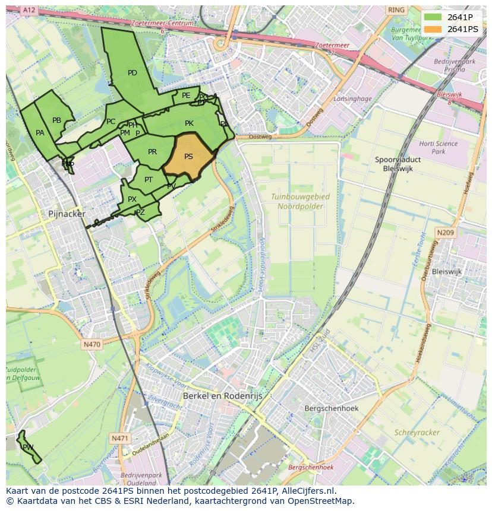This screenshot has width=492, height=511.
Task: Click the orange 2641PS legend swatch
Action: tap(434, 29)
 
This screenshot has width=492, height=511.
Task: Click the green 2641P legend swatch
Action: tap(434, 17)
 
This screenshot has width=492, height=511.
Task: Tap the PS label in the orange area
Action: tap(188, 157)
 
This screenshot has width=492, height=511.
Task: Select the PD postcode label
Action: tap(133, 73)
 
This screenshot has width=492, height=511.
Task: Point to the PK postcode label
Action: tap(189, 123)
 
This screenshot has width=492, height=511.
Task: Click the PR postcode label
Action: tap(152, 152)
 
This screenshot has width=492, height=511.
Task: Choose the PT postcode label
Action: tap(149, 180)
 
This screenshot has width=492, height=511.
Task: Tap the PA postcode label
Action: tap(40, 133)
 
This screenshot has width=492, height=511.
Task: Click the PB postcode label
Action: tap(56, 120)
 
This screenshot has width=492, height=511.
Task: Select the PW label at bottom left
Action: tap(28, 447)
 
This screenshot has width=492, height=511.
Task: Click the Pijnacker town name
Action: tap(67, 214)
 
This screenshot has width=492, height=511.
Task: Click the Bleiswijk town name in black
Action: tap(447, 271)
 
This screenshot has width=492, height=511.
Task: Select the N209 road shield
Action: tap(446, 233)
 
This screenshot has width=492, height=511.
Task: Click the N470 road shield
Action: tap(92, 344)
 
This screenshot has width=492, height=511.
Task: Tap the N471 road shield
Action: tap(119, 438)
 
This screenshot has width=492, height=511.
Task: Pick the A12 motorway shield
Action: tap(28, 10)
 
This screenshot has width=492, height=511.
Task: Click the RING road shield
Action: tap(395, 10)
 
